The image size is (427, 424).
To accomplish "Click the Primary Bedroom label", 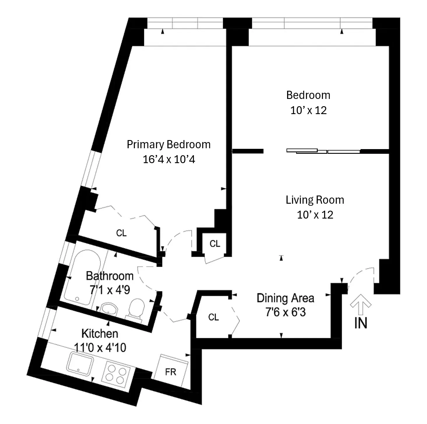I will pyautogui.click(x=168, y=145).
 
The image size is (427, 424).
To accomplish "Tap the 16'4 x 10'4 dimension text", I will pyautogui.click(x=168, y=159).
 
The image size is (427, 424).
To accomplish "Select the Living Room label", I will pyautogui.click(x=315, y=200).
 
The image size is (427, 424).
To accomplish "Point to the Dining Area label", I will pyautogui.click(x=285, y=298).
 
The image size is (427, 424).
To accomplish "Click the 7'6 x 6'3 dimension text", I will pyautogui.click(x=285, y=312).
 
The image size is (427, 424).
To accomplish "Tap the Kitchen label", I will pyautogui.click(x=100, y=334).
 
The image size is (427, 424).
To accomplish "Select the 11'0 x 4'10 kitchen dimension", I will pyautogui.click(x=100, y=348).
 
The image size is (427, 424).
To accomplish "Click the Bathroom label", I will pyautogui.click(x=110, y=276).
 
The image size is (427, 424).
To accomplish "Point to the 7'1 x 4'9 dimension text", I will pyautogui.click(x=110, y=290).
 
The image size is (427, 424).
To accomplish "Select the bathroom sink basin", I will pyautogui.click(x=108, y=309).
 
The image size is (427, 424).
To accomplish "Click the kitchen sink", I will pyautogui.click(x=80, y=364).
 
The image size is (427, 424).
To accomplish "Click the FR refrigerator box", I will pyautogui.click(x=171, y=372).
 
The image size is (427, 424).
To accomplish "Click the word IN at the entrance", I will pyautogui.click(x=361, y=323).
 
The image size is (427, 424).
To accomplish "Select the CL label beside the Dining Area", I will pyautogui.click(x=213, y=317).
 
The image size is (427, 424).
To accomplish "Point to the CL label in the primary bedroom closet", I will pyautogui.click(x=121, y=233).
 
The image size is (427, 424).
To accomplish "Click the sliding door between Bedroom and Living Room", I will pyautogui.click(x=324, y=151).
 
